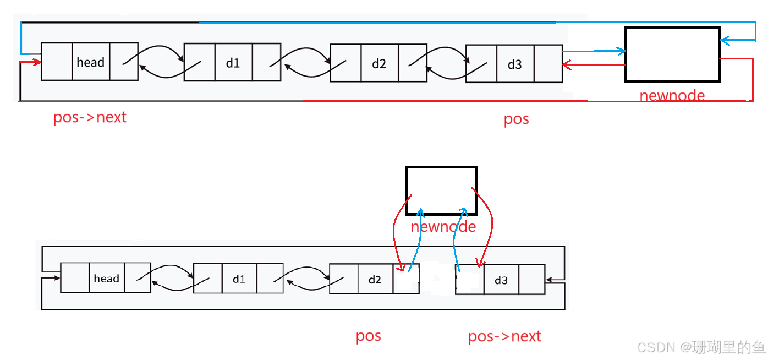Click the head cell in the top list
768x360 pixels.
pos(91,62)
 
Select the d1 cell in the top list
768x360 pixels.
pos(233,63)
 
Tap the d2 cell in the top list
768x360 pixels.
pos(379,63)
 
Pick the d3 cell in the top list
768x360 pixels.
pos(515,64)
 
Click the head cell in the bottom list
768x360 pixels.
pos(107,278)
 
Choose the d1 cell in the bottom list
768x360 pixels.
pos(239,279)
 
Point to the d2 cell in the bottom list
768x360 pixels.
pos(375,279)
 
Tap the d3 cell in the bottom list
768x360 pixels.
pos(501,280)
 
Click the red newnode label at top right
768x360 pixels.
pos(672,95)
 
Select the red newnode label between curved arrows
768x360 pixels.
pos(443,226)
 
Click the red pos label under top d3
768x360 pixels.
pos(517,119)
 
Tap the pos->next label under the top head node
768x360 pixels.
pos(90,117)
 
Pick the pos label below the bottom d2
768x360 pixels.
pos(369,336)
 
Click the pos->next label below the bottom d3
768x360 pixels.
pos(504,336)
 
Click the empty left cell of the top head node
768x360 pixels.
pos(57,62)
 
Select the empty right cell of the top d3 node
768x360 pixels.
pos(548,64)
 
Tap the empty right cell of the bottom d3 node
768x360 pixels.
pos(531,280)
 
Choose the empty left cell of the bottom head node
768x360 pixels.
pos(75,278)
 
